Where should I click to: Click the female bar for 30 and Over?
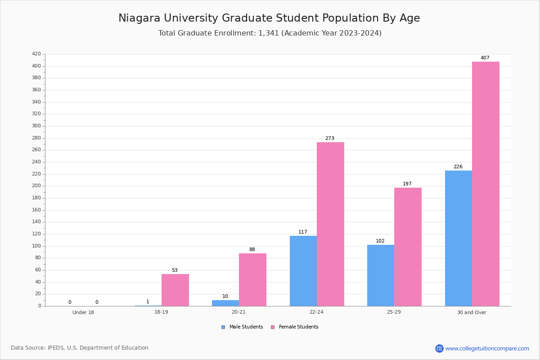coord(486,184)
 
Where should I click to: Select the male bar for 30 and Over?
coord(459,238)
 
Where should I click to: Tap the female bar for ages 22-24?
coord(330,224)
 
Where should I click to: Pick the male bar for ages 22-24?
coord(303,271)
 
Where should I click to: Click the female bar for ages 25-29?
coord(408,247)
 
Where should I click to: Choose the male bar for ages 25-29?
coord(381,275)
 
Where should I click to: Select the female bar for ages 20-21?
coord(252,280)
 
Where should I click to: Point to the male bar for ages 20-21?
coord(225,303)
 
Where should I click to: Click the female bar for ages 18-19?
coord(175,290)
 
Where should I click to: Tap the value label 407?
coord(485,58)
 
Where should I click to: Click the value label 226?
coord(458,166)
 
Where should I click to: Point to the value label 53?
coord(175,270)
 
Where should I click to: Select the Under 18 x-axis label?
coord(83,312)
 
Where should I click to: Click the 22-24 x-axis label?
coord(316,312)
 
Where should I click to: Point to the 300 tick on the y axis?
coord(36,126)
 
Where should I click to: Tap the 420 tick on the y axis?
coord(36,54)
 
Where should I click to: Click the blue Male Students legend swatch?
coord(223,327)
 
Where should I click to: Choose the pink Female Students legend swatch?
coord(273,327)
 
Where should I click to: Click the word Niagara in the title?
coord(139,18)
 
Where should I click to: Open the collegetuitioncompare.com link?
coord(487,348)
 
